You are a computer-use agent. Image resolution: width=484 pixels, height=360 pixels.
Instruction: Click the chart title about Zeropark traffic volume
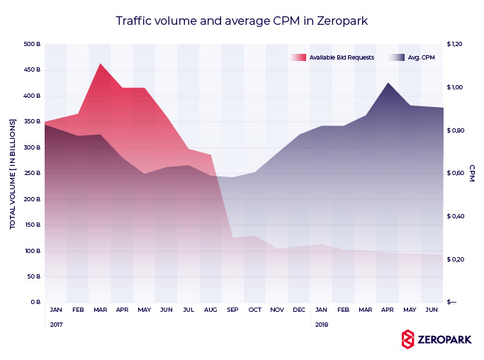(242, 21)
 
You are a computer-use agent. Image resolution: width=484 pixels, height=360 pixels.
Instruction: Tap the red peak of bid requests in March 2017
(100, 64)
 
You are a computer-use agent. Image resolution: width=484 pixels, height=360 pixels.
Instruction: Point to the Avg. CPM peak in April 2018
(388, 84)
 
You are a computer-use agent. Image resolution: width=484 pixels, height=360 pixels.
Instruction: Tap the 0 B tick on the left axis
(35, 303)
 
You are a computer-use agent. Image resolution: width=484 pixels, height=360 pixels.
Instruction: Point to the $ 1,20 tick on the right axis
(454, 45)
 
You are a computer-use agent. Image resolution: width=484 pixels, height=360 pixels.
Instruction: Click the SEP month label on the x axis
(232, 310)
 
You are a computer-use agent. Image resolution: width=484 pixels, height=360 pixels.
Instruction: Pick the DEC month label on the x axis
(298, 310)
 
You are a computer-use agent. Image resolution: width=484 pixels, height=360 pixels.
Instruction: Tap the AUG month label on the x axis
(210, 310)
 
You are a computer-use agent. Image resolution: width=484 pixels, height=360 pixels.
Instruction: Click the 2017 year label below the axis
(56, 325)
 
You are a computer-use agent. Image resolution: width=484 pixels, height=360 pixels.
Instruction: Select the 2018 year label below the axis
(321, 325)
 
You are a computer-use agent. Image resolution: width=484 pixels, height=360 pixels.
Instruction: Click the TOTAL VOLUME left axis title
(13, 174)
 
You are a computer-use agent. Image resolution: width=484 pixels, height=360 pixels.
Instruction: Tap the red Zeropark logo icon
(407, 339)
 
